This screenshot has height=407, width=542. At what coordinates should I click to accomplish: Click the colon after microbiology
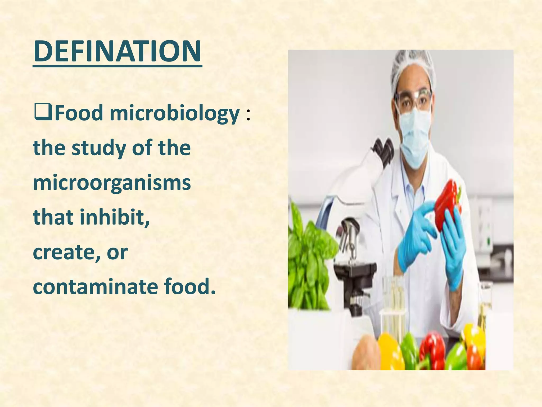coord(248,116)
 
